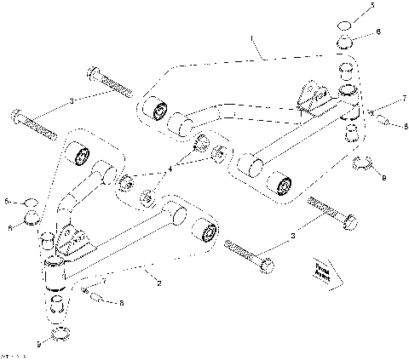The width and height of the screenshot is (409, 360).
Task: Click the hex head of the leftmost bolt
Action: coord(19,115)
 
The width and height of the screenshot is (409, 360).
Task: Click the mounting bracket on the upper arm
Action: coord(311,96)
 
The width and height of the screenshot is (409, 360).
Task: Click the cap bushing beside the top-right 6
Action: coord(344,43)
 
